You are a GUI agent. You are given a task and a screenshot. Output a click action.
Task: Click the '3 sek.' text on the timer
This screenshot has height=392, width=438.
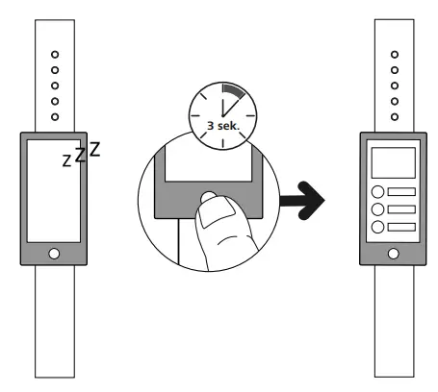coord(223,126)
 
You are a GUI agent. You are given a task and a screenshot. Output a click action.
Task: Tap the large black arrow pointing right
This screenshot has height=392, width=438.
coord(302,201)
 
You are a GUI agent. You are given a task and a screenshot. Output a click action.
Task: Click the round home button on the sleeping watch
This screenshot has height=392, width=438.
coord(54,254)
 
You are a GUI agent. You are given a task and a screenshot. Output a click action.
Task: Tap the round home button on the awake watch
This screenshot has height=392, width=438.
coord(394,254)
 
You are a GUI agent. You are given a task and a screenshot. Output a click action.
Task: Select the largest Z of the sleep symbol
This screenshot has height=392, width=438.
coord(94,149)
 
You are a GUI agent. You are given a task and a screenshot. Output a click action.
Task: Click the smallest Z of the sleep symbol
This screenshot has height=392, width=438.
coord(66,160)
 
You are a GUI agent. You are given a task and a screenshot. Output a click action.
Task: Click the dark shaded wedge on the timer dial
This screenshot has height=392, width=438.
coord(234,90)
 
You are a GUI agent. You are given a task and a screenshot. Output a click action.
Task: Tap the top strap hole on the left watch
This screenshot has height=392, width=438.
coord(55,55)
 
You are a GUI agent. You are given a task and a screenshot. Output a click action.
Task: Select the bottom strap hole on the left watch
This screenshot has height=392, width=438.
coord(55,117)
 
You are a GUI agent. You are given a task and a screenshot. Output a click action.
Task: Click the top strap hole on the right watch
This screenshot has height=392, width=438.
coord(395,55)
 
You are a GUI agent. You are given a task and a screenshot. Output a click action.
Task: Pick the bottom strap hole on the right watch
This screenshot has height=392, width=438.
coord(395,117)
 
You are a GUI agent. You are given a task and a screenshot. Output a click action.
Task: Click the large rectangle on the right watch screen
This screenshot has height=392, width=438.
coord(394,162)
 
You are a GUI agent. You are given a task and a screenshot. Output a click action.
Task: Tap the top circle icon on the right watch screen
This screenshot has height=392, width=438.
coord(377,192)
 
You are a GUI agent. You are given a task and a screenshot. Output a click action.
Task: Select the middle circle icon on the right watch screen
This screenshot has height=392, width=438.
coord(377,209)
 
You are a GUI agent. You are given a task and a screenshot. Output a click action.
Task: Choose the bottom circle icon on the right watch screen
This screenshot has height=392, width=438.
coord(377,227)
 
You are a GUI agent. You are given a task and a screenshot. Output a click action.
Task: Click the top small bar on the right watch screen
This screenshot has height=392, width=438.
coord(401,192)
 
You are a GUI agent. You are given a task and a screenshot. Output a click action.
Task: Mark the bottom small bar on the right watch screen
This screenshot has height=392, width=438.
coord(401,227)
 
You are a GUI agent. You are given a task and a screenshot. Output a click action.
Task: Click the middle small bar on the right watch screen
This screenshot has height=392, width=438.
coord(401,209)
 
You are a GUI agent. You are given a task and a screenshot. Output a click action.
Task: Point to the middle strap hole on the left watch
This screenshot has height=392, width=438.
coord(55,86)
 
